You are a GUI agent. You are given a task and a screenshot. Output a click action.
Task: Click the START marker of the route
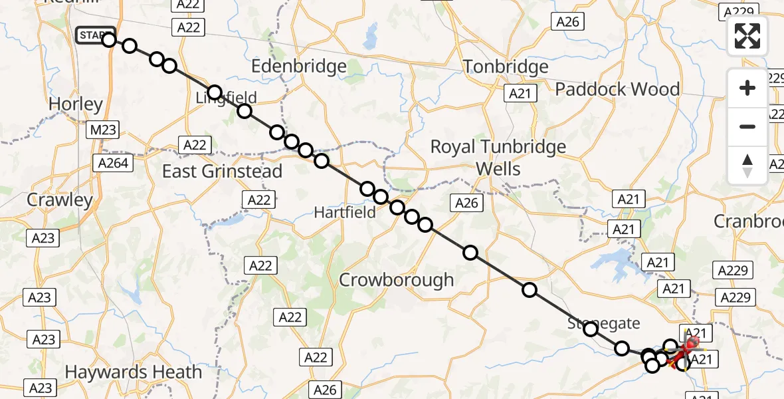[x=95, y=35]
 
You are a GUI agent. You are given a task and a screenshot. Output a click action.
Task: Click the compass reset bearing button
[x=747, y=166]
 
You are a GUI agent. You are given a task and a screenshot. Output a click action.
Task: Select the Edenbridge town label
[x=299, y=66]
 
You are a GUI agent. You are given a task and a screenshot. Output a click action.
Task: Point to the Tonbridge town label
[x=506, y=67]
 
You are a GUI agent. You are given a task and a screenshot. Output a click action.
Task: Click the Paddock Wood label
[x=617, y=89]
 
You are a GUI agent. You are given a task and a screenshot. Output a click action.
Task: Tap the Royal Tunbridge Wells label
[x=498, y=158]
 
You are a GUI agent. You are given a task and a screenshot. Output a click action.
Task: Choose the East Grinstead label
[x=223, y=172]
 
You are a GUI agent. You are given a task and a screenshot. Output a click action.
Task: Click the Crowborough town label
[x=397, y=280]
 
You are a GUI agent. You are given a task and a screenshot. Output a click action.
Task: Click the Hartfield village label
[x=345, y=212]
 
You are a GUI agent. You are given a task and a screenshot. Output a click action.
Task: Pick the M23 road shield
[x=102, y=130]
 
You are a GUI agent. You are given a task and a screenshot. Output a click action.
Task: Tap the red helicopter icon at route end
[x=691, y=344]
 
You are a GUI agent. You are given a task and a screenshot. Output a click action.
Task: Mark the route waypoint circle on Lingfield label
[x=214, y=92]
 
